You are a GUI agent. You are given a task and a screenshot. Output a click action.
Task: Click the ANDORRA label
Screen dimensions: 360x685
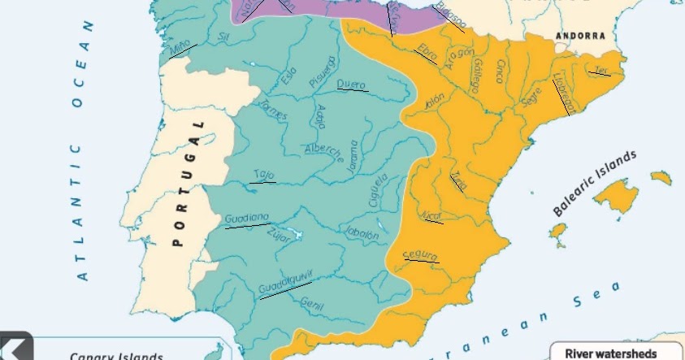[580, 36]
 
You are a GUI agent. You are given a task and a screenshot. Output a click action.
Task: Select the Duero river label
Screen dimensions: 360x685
[351, 84]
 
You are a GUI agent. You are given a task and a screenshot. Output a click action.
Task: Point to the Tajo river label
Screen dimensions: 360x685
[263, 174]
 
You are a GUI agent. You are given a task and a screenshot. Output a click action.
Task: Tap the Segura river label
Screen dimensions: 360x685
[420, 256]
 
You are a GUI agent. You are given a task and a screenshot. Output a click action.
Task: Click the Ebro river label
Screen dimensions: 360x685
[427, 51]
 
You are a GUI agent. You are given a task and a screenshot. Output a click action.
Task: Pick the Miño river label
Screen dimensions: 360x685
[180, 49]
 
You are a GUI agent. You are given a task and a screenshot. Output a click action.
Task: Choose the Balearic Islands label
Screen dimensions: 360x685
[595, 182]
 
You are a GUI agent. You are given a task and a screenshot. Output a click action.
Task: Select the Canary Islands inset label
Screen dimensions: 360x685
[116, 356]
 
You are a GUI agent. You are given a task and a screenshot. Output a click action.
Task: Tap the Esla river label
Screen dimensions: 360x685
[288, 76]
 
